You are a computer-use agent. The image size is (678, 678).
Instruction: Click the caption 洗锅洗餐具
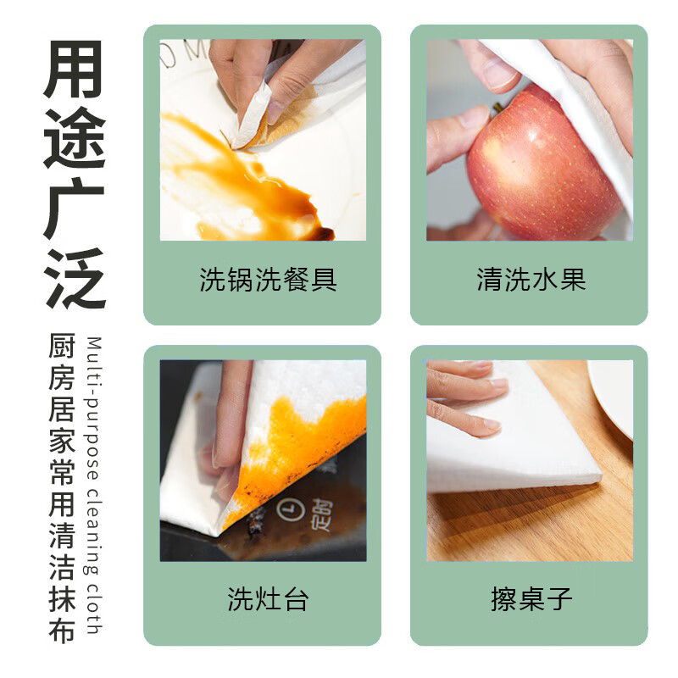(x=268, y=281)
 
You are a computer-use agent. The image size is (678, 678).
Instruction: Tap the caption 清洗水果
(x=531, y=281)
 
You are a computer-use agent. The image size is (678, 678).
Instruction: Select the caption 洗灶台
(x=268, y=599)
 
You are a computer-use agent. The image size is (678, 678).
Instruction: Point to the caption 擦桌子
(x=531, y=599)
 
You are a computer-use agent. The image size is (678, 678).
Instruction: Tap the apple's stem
(x=498, y=108)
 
